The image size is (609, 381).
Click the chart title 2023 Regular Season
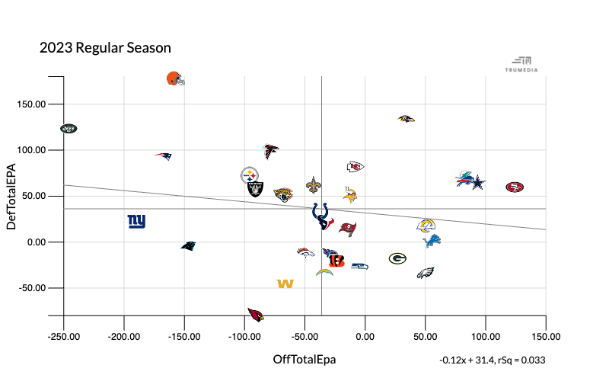pyautogui.click(x=105, y=47)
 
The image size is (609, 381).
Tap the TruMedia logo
pyautogui.click(x=521, y=64)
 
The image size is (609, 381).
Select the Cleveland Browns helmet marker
pyautogui.click(x=175, y=78)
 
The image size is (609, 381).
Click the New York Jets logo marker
pyautogui.click(x=69, y=129)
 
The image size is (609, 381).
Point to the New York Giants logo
pyautogui.click(x=136, y=222)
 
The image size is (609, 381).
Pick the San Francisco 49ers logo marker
pyautogui.click(x=515, y=187)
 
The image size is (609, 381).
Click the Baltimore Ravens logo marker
pyautogui.click(x=406, y=119)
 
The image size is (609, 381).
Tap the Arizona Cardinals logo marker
pyautogui.click(x=256, y=315)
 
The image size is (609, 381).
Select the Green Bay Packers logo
pyautogui.click(x=397, y=259)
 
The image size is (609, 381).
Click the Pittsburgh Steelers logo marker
pyautogui.click(x=250, y=176)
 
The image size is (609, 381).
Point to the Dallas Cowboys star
pyautogui.click(x=477, y=183)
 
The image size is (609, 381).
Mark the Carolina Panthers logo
pyautogui.click(x=188, y=245)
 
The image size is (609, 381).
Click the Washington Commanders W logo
pyautogui.click(x=285, y=284)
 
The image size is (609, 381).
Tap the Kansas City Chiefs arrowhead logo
pyautogui.click(x=355, y=167)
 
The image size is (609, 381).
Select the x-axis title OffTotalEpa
pyautogui.click(x=304, y=359)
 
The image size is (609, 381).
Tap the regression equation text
pyautogui.click(x=493, y=360)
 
